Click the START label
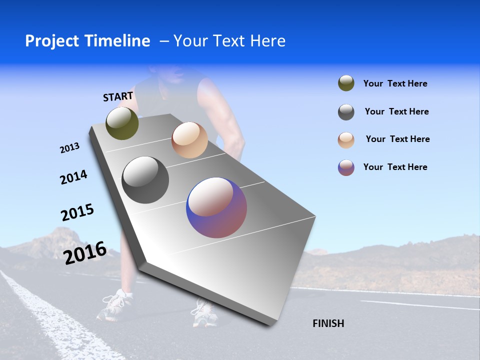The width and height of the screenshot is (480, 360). [118, 96]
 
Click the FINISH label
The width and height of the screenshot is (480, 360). [328, 323]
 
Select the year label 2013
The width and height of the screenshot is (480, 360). [69, 148]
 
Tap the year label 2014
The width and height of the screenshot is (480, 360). [73, 177]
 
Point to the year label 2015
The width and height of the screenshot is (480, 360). [77, 212]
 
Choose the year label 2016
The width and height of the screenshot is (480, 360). [85, 252]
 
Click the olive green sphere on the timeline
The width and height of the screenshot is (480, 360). [122, 123]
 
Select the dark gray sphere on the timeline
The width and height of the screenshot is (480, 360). [145, 180]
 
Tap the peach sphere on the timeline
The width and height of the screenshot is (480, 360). [189, 140]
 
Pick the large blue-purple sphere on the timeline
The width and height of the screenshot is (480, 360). [216, 207]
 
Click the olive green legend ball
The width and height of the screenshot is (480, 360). [346, 83]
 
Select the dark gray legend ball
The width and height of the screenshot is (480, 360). [346, 112]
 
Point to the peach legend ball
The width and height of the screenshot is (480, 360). [346, 139]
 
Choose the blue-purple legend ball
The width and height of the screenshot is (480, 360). [346, 167]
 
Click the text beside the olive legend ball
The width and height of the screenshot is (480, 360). [395, 84]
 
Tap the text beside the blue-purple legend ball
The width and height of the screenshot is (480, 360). [395, 167]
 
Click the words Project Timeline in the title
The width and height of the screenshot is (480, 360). [87, 41]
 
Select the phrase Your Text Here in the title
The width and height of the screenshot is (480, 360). [229, 41]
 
